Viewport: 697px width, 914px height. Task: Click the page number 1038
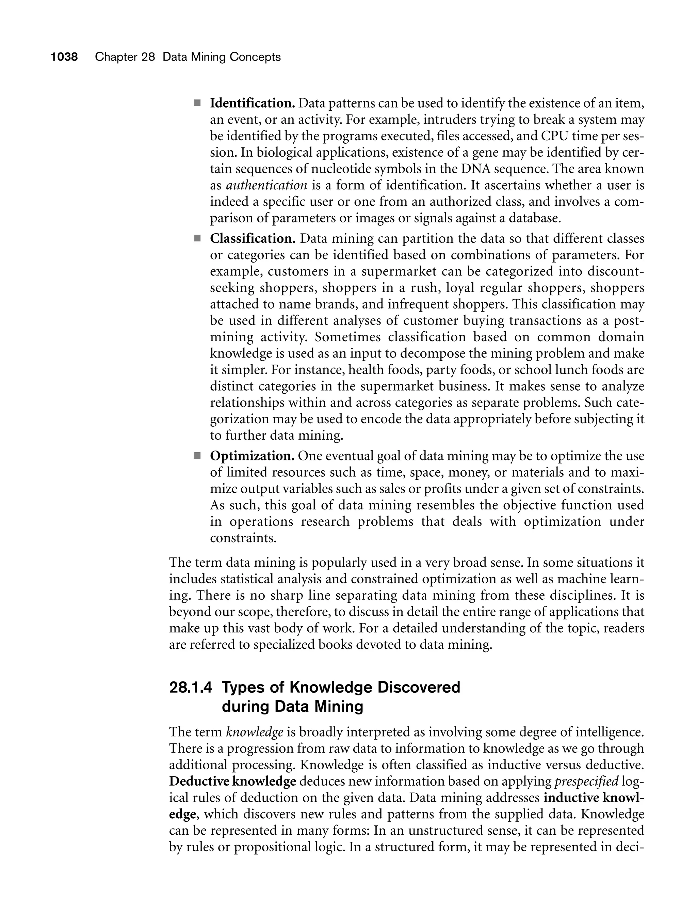tap(64, 57)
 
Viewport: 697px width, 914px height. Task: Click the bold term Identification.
tap(252, 103)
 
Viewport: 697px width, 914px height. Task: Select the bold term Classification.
tap(253, 239)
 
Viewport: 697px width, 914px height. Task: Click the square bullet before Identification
tap(197, 103)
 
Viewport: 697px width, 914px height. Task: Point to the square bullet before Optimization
tap(197, 456)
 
